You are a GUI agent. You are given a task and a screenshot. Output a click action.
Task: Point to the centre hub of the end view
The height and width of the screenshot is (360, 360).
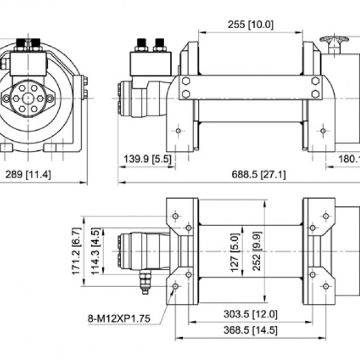pos(27,98)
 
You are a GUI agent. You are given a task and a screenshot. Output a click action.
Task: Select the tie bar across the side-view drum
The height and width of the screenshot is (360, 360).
pos(250,87)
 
